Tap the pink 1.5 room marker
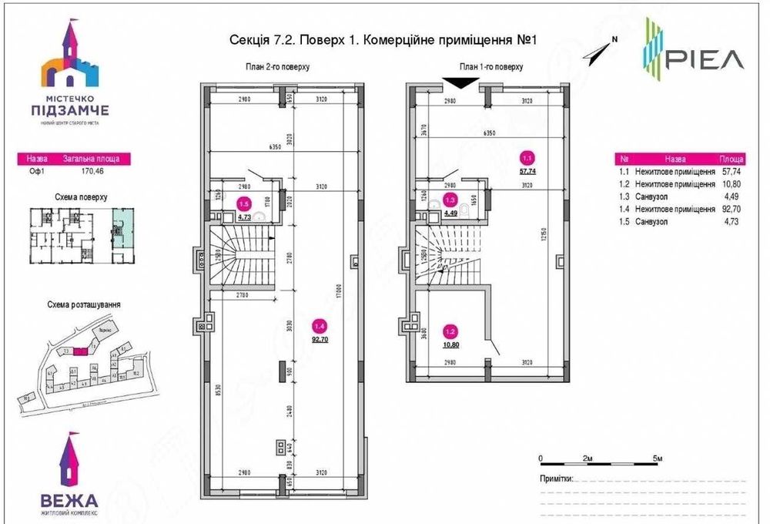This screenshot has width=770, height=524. (244, 205)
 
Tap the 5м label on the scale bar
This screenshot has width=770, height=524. (657, 458)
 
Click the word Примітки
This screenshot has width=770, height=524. (556, 478)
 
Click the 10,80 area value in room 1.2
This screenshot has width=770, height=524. (450, 344)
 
